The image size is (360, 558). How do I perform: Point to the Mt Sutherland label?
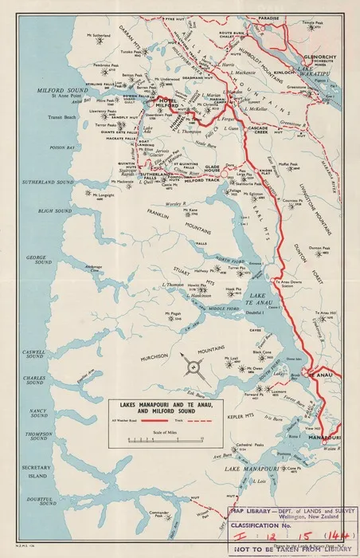(x=95, y=35)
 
